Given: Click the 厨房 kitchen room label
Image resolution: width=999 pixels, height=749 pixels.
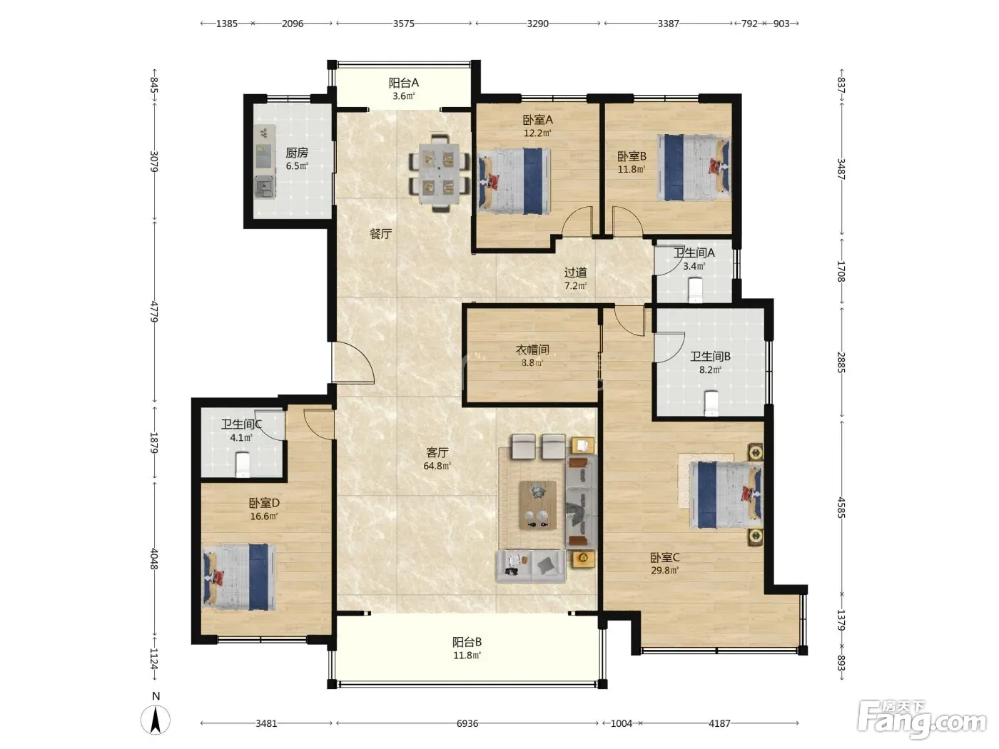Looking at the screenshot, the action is coord(297,153).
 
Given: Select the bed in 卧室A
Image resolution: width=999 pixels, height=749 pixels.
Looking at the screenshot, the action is coord(514,181).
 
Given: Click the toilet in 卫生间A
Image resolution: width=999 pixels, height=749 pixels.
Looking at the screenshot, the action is coord(696,290).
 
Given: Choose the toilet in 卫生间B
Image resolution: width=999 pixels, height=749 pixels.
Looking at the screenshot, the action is coord(711,403).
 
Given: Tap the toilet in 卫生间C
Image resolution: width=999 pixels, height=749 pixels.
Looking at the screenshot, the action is coord(243,464).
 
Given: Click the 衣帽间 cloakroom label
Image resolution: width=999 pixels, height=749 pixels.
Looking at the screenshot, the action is coord(532,350).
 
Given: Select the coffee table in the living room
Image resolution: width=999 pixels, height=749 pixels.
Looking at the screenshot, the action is coord(537,505).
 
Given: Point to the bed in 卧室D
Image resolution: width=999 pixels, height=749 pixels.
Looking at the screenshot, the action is coord(239,577).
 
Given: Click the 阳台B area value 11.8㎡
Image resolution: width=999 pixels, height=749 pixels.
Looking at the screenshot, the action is coord(467,656).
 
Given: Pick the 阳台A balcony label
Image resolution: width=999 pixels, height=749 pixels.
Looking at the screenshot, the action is coord(403,83).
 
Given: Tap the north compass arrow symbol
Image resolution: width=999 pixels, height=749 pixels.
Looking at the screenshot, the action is coord(156,720).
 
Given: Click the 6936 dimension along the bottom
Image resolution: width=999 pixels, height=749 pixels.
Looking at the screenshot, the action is coord(467,723).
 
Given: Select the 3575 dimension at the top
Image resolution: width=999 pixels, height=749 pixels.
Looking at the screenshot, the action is coord(404,24).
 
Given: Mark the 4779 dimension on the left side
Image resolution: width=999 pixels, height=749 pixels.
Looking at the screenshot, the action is coord(154,312).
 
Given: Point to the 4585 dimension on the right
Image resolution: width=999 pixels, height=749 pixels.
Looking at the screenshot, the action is coord(841,507).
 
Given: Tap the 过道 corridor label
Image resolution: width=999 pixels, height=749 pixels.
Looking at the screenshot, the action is coord(575,272).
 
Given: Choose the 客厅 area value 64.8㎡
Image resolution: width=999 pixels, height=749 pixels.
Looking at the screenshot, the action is coord(437,466).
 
